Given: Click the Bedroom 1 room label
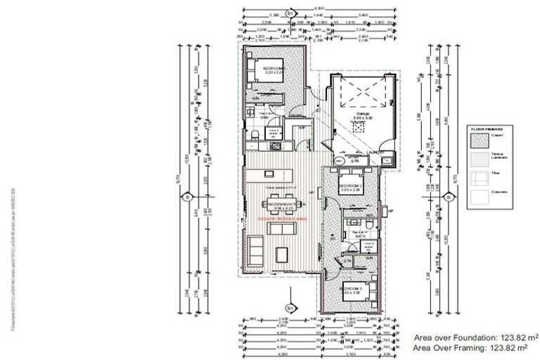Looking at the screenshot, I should click(267, 70).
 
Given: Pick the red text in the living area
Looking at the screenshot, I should click(280, 219).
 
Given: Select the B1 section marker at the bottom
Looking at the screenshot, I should click(289, 307).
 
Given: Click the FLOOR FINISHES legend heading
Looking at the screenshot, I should click(491, 130).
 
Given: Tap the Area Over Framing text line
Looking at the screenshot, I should click(471, 347).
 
